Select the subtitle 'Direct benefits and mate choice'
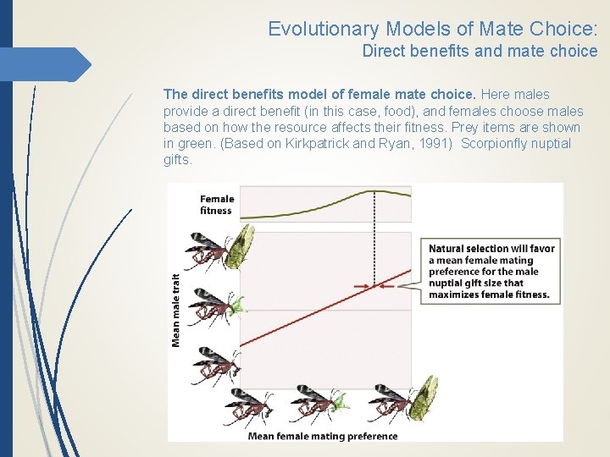[x=480, y=51]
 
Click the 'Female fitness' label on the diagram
[x=217, y=205]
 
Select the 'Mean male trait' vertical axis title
[x=176, y=310]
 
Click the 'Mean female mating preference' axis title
[x=322, y=437]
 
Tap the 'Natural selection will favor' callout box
[x=491, y=272]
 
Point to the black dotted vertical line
[x=374, y=245]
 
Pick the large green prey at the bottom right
[x=424, y=398]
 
